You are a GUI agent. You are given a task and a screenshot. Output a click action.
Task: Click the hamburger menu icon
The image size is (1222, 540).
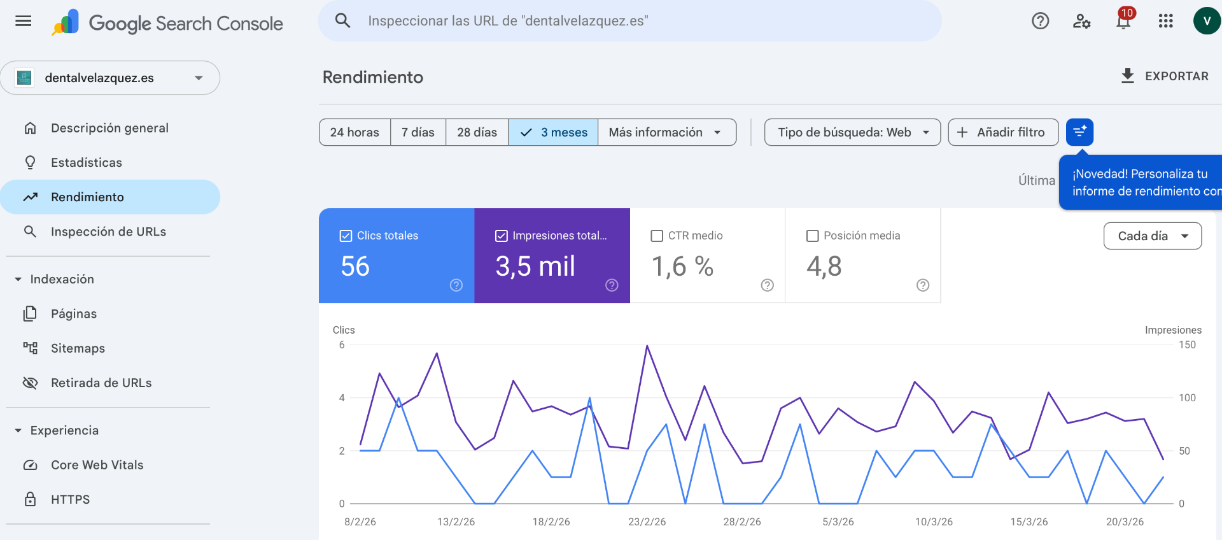coord(24,21)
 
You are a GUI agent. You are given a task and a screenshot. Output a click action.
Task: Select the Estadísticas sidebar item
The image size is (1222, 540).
coord(86,162)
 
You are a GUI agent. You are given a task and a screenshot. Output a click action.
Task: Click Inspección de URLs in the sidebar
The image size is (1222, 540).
coord(108,232)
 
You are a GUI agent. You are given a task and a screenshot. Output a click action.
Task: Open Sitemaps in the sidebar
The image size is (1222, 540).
coord(78,348)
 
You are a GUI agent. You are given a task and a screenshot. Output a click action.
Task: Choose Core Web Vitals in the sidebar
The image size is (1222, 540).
coord(97,465)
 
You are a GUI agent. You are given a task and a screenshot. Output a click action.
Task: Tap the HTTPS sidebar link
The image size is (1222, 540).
coord(70,499)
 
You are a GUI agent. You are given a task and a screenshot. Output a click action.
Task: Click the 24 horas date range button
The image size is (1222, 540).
coord(355,132)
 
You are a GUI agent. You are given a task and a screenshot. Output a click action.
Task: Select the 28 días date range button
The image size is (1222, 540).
coord(477,132)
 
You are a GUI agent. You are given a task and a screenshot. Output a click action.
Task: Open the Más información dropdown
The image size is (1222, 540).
coord(666,132)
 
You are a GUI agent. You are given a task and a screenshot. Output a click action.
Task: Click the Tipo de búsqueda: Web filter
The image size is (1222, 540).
coord(852,132)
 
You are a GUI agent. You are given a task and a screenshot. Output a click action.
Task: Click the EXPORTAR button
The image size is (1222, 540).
coord(1165,76)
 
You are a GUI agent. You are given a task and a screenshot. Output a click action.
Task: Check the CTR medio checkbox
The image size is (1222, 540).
coord(657,236)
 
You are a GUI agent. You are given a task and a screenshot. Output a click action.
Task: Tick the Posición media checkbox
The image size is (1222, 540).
coord(813,236)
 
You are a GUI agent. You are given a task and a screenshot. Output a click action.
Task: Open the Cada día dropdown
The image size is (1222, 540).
coord(1152,236)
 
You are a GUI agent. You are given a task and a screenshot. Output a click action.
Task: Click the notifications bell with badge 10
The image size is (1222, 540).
coord(1123,22)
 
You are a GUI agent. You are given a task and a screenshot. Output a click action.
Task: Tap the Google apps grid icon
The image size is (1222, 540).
coord(1165,22)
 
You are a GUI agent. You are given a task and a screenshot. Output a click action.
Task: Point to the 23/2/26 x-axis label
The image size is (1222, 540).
coord(647,522)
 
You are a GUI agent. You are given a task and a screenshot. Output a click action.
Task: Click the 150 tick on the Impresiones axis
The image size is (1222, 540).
coord(1187,345)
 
